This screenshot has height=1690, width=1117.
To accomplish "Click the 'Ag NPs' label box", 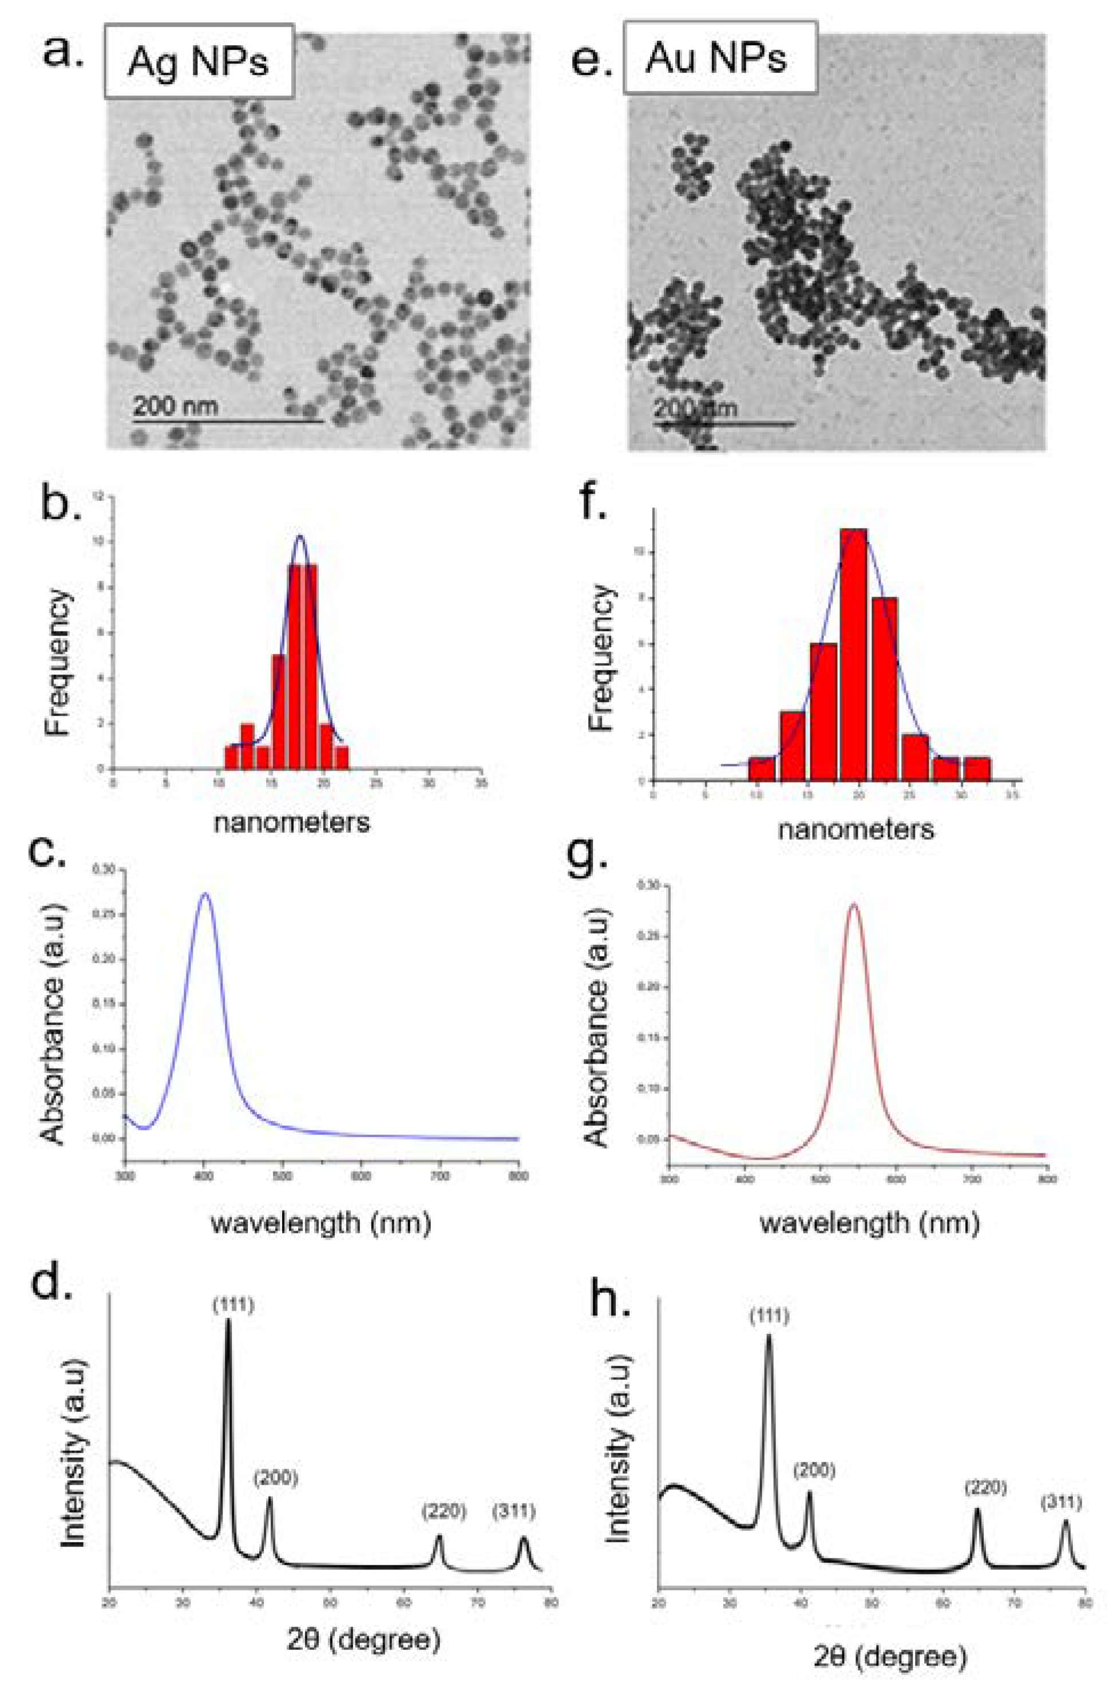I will tap(199, 61).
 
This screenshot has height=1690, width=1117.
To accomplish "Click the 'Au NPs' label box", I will tap(719, 58).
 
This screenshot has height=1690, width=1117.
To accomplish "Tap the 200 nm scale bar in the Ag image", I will tap(228, 422).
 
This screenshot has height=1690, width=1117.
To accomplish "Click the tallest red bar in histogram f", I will tap(853, 655).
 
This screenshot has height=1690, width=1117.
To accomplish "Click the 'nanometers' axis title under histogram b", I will tap(292, 822).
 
